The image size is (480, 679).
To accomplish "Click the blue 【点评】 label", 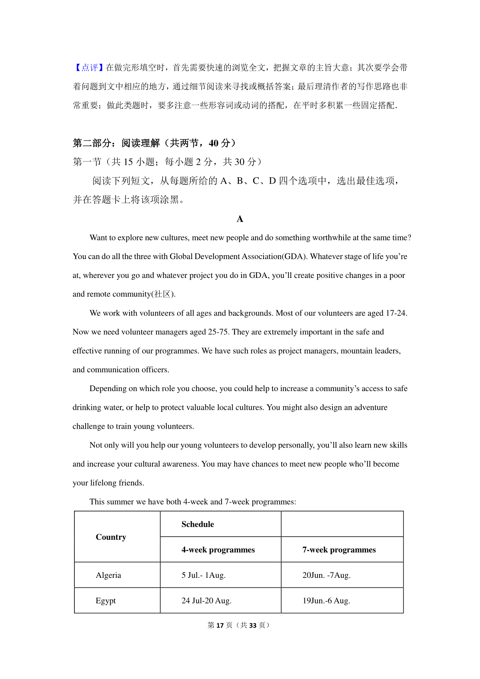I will point(89,68).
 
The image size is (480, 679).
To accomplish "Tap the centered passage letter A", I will point(240,219).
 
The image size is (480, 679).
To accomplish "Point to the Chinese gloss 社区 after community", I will point(163,294).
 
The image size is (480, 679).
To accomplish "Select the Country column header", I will point(111,537).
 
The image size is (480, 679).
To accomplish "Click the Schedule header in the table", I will point(198,524).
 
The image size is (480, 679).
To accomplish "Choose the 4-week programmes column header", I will point(218,550).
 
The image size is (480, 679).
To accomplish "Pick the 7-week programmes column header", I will point(339,550).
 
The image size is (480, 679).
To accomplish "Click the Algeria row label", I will point(108,575).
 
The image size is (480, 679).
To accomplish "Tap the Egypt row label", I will point(106,601).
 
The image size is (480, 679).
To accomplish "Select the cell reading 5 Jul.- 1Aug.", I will point(204,575).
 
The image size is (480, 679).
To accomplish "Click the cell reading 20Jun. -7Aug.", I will point(326,575).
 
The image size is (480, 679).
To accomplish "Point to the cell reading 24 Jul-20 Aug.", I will point(206,601).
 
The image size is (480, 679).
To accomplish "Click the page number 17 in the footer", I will point(220,625).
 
